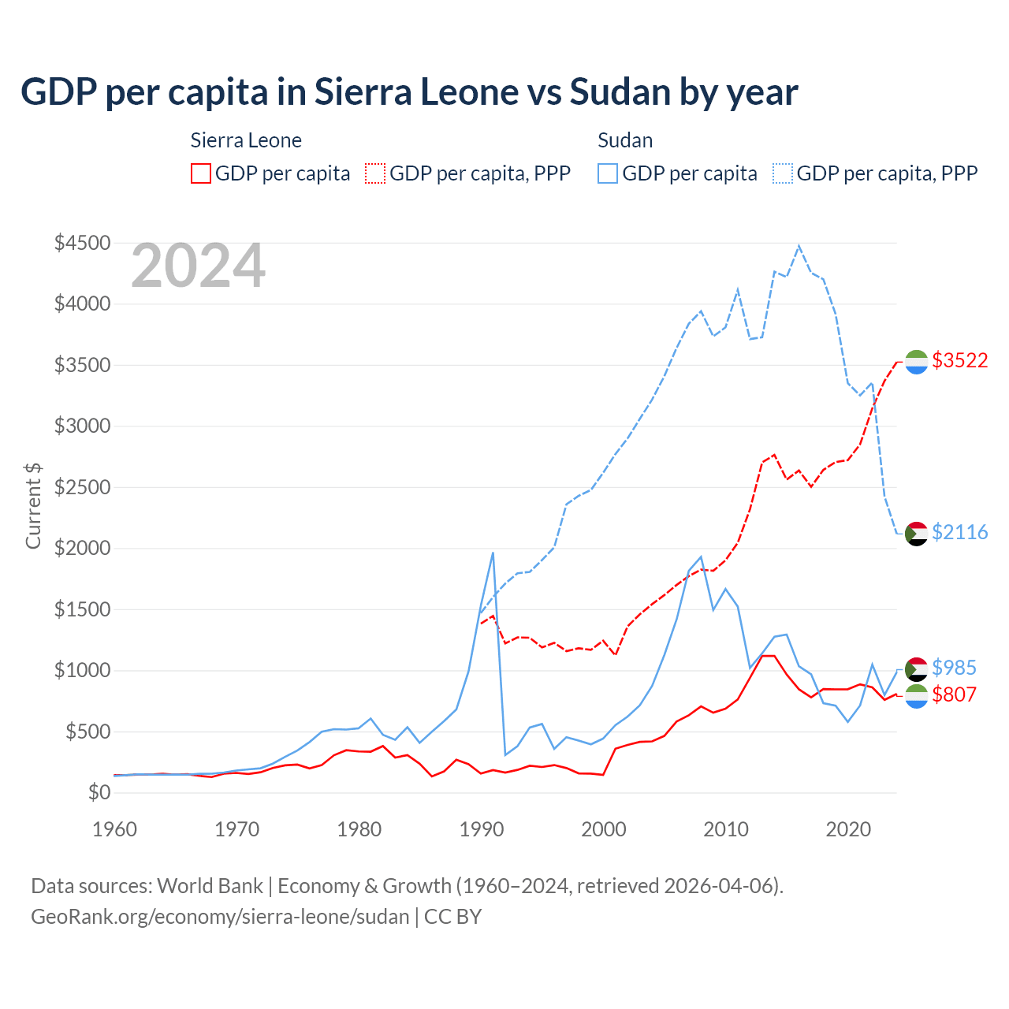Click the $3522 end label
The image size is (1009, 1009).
pyautogui.click(x=959, y=360)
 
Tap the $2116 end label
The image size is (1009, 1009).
pyautogui.click(x=959, y=532)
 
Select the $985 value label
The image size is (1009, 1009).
pyautogui.click(x=954, y=668)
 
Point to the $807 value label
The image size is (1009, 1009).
pyautogui.click(x=954, y=694)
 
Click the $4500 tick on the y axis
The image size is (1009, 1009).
pyautogui.click(x=82, y=243)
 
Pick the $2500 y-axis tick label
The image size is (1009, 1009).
pyautogui.click(x=82, y=487)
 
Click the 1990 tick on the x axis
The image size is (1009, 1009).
pyautogui.click(x=482, y=829)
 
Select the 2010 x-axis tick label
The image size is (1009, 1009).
pyautogui.click(x=726, y=829)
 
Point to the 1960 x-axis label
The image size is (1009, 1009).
pyautogui.click(x=115, y=829)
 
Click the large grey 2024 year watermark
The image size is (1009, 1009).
pyautogui.click(x=198, y=266)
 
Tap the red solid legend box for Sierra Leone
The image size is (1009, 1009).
pyautogui.click(x=201, y=173)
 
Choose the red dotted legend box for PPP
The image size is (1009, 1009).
pyautogui.click(x=376, y=173)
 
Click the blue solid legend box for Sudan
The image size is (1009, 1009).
pyautogui.click(x=608, y=173)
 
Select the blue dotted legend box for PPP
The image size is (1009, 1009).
pyautogui.click(x=783, y=173)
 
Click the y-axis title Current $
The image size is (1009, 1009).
pyautogui.click(x=33, y=505)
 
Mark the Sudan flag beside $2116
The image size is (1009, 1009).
pyautogui.click(x=916, y=533)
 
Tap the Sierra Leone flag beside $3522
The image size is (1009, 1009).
pyautogui.click(x=916, y=361)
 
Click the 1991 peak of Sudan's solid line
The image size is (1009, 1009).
pyautogui.click(x=493, y=553)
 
